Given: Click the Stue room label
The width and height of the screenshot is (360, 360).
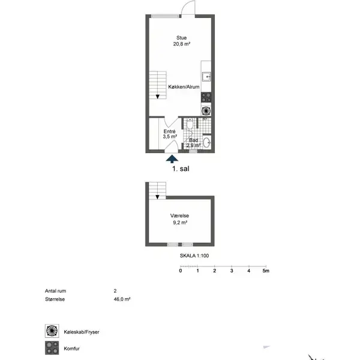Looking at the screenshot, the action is pyautogui.click(x=181, y=38).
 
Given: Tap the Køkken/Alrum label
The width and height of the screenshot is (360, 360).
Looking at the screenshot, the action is pyautogui.click(x=184, y=87).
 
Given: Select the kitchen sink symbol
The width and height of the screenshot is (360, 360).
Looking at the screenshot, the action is pyautogui.click(x=206, y=77).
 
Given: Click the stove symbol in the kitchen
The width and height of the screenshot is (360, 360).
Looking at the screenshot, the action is pyautogui.click(x=206, y=97).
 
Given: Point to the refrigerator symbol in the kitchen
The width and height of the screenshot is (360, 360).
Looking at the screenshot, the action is pyautogui.click(x=206, y=111).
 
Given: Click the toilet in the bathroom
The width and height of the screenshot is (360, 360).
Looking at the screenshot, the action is pyautogui.click(x=190, y=124).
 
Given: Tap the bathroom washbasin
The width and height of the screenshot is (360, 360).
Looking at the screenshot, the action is pyautogui.click(x=207, y=143).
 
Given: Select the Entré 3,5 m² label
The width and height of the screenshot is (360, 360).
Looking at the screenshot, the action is pyautogui.click(x=170, y=134).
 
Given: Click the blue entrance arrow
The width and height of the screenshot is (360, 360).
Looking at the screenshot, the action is pyautogui.click(x=172, y=159).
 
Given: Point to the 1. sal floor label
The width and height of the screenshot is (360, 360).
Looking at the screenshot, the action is pyautogui.click(x=181, y=169).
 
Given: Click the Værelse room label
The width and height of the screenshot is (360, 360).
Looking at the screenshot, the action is pyautogui.click(x=179, y=215).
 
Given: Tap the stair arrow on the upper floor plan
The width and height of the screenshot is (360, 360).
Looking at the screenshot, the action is pyautogui.click(x=157, y=197).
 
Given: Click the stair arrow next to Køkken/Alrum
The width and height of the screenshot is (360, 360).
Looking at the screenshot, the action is pyautogui.click(x=157, y=97).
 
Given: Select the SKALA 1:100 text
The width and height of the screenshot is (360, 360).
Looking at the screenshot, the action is pyautogui.click(x=194, y=256).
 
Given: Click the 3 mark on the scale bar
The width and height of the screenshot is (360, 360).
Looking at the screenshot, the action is pyautogui.click(x=232, y=271).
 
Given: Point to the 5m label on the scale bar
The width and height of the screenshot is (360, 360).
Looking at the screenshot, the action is pyautogui.click(x=266, y=271).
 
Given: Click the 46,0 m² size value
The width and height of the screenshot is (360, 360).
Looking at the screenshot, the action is pyautogui.click(x=122, y=299).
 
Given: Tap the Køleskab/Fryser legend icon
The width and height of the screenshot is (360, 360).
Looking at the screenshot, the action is pyautogui.click(x=52, y=331).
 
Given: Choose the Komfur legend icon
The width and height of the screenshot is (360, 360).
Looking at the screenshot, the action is pyautogui.click(x=52, y=348).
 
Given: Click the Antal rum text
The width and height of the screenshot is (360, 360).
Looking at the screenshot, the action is pyautogui.click(x=55, y=291).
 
